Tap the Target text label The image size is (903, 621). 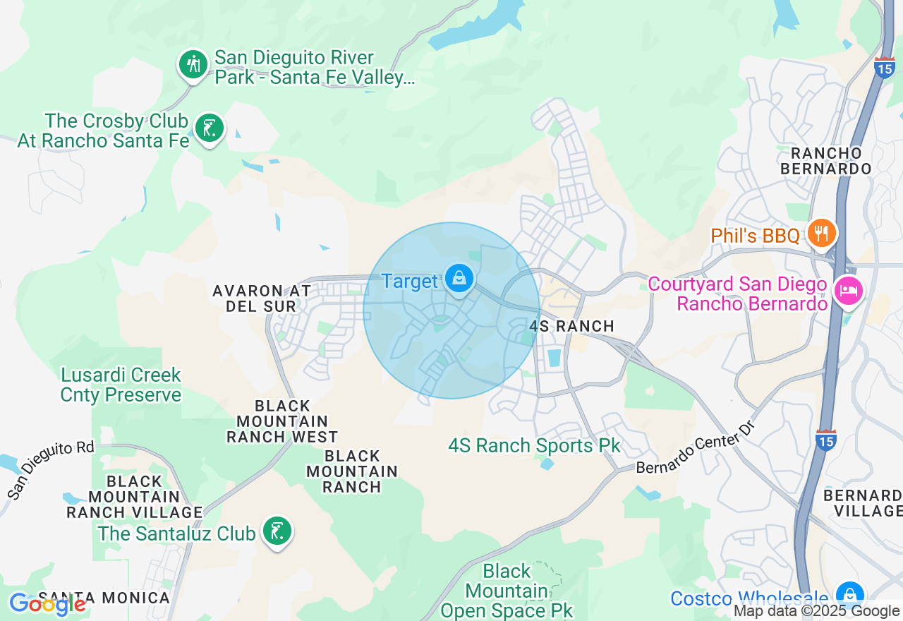tap(410, 282)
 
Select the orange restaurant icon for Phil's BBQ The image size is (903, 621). tap(821, 233)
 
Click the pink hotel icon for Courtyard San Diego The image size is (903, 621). tap(848, 291)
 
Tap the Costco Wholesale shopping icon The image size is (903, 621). tap(850, 595)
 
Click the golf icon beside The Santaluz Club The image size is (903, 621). tap(277, 531)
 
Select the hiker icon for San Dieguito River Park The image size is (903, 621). tap(192, 65)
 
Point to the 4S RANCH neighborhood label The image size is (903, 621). tap(571, 326)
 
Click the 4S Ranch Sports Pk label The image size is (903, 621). tap(534, 446)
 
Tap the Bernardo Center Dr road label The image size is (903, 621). tap(691, 452)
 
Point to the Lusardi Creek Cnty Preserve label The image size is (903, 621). tap(121, 385)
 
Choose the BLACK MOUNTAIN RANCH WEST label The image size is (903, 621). tap(282, 421)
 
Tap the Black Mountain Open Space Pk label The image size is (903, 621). tap(507, 591)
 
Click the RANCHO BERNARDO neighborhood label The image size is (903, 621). tap(826, 161)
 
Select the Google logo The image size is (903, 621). tap(47, 604)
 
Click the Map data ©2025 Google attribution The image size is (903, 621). tap(816, 612)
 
